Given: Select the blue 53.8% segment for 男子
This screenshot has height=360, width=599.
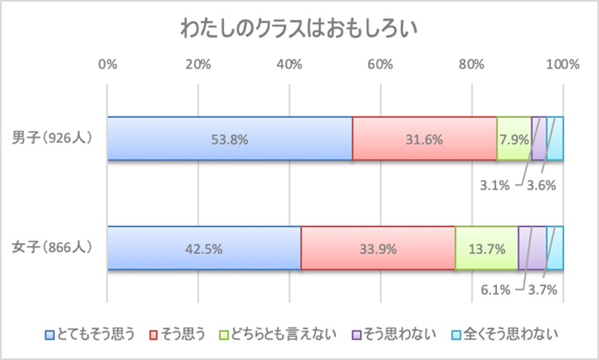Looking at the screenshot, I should (229, 139).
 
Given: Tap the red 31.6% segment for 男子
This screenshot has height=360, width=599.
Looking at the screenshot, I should (424, 139).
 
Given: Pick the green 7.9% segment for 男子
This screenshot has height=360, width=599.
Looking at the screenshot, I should (514, 139).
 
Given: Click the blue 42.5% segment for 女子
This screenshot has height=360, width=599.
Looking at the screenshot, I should (204, 248).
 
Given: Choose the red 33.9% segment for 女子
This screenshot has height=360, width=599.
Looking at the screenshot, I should (378, 248).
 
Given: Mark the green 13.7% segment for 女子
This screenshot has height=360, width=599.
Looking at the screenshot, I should (486, 248).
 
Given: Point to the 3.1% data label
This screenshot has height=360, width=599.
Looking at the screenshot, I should (495, 186).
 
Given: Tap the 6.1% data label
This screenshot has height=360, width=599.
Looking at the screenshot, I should (495, 289).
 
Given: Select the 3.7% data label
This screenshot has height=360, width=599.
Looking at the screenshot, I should (542, 289).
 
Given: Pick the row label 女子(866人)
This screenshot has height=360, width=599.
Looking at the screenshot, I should (53, 248).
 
